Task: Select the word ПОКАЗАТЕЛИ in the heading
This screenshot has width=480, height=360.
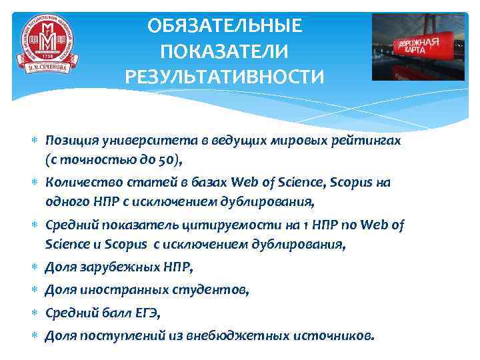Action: [225, 51]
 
